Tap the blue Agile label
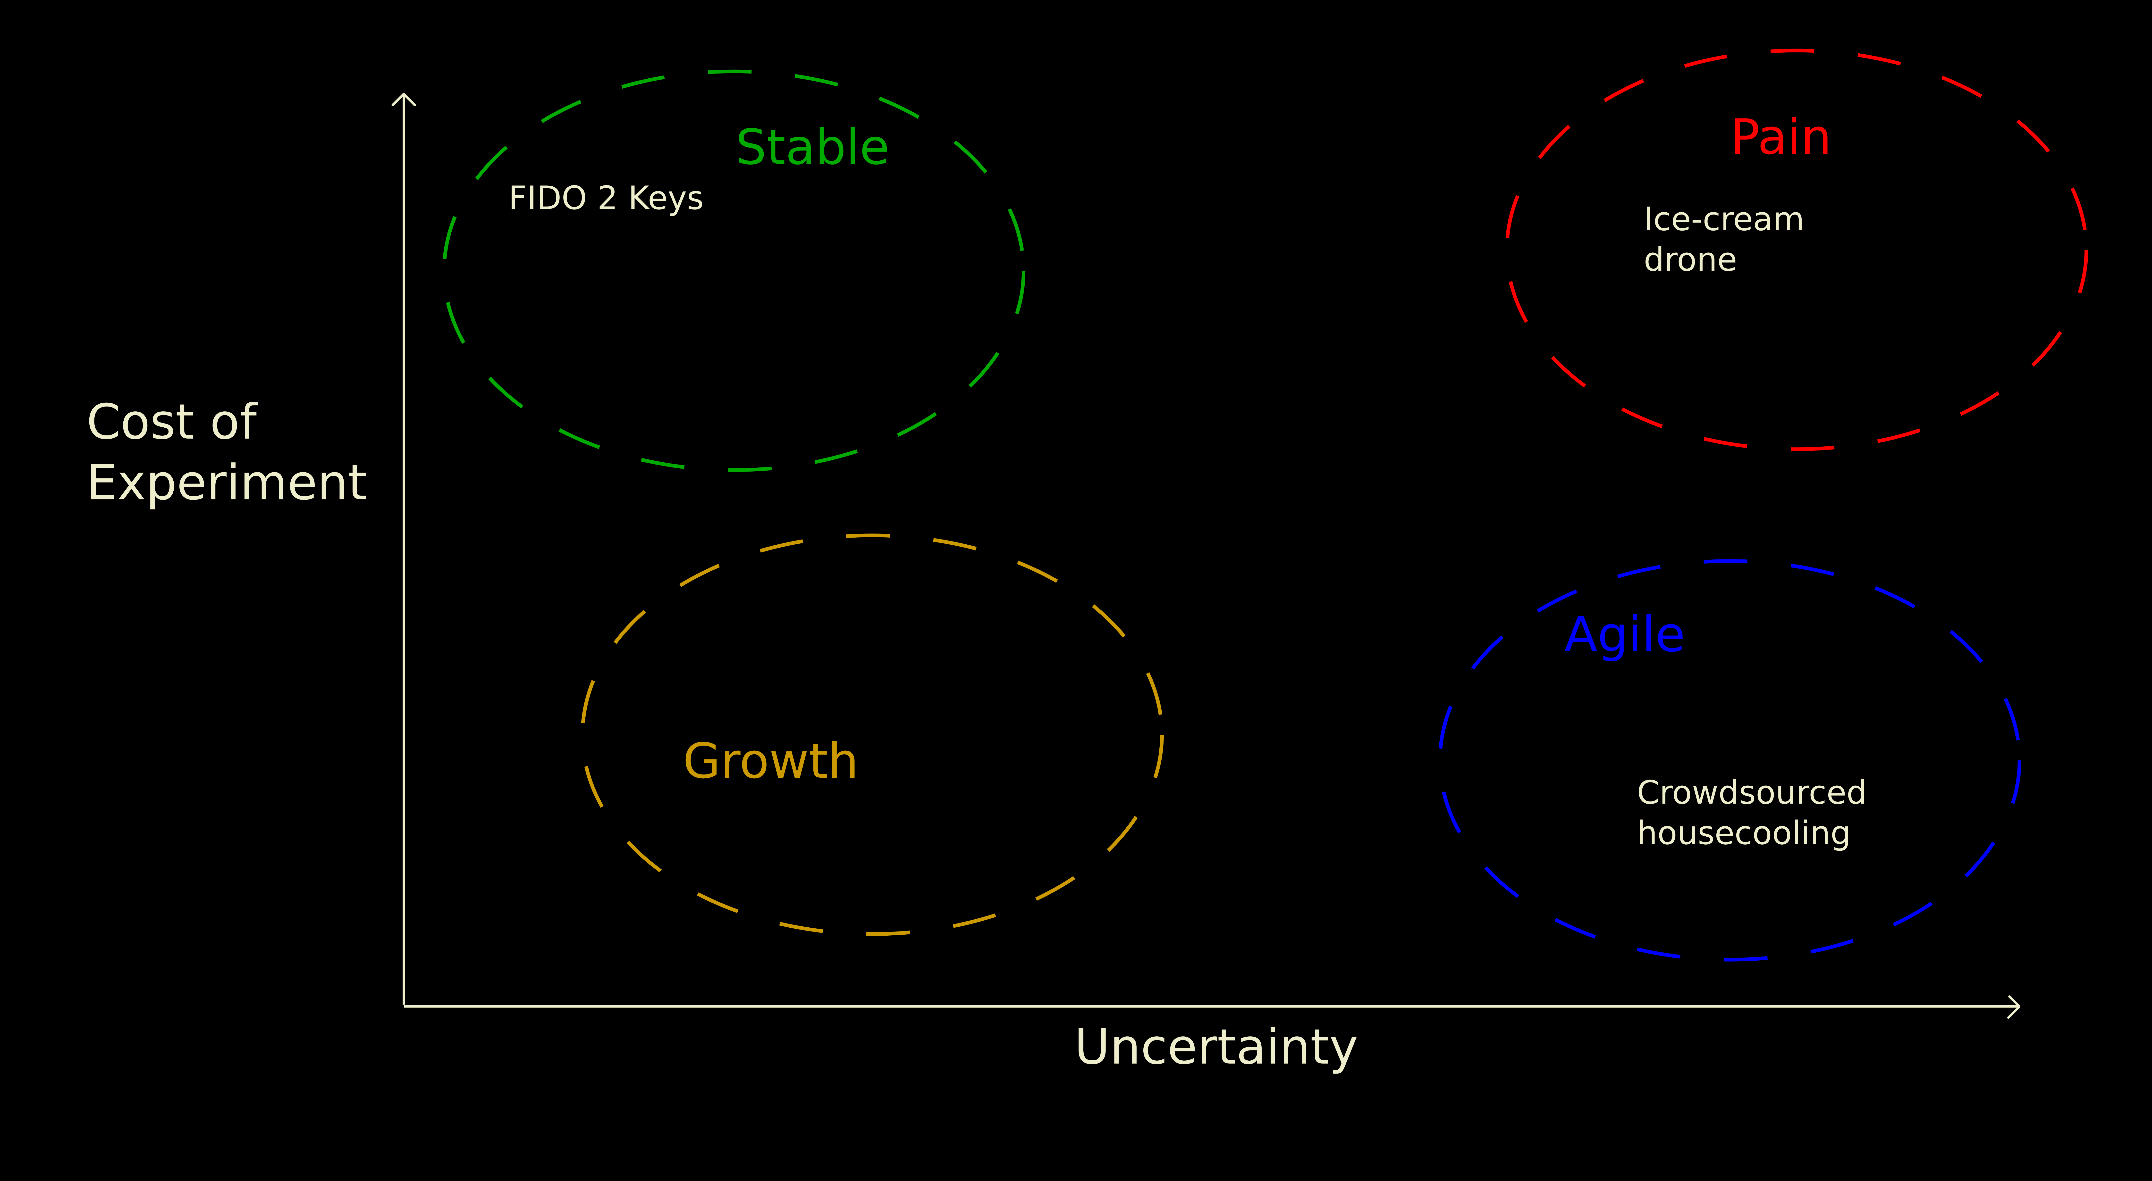[x=1624, y=636]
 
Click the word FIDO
[x=548, y=199]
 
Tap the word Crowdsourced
[x=1751, y=793]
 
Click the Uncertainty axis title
[x=1215, y=1047]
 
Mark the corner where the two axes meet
[x=404, y=1006]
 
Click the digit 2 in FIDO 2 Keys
[x=607, y=199]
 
